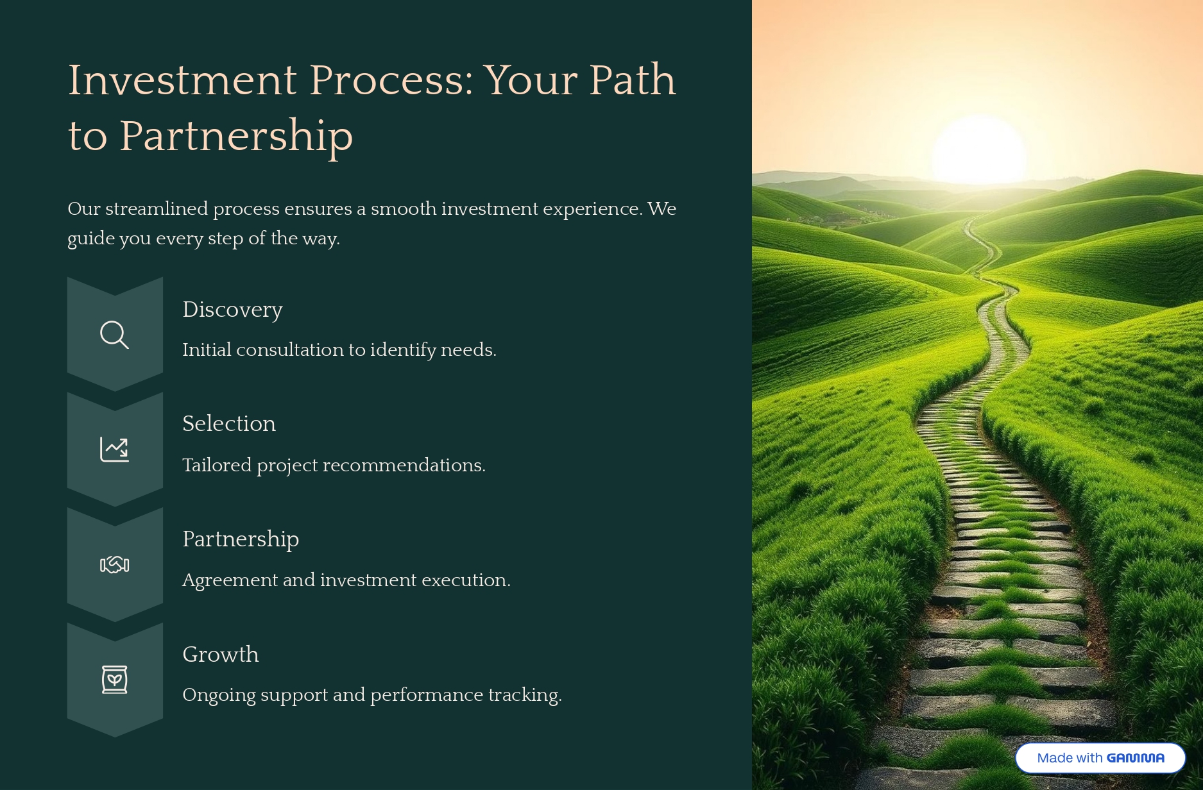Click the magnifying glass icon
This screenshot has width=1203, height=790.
(114, 335)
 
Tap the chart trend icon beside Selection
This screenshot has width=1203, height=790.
(114, 450)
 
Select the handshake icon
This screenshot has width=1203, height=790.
(114, 564)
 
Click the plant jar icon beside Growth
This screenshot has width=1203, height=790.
(114, 680)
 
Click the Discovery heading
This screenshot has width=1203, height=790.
(232, 310)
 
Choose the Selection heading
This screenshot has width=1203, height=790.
(229, 424)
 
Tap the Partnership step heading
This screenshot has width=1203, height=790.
(241, 539)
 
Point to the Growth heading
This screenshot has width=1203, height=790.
(221, 654)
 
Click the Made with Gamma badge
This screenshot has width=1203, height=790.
(1100, 758)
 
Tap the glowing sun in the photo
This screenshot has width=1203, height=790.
(979, 151)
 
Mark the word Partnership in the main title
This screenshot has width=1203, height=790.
(236, 136)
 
